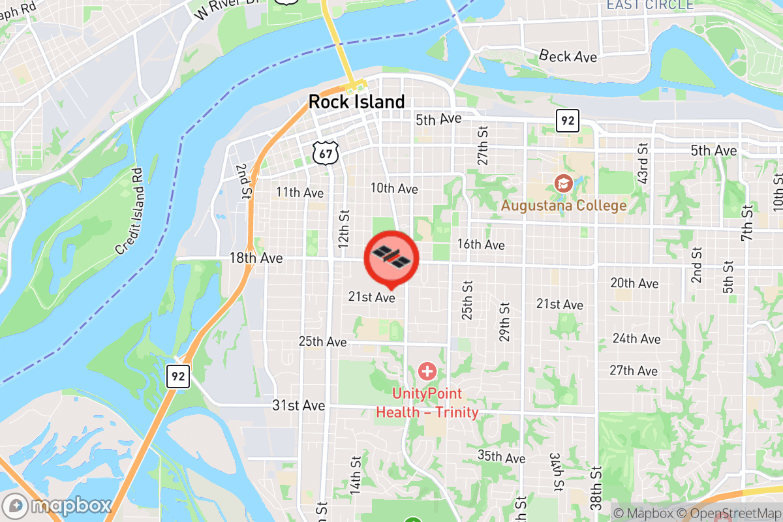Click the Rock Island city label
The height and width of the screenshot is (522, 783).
pyautogui.click(x=356, y=102)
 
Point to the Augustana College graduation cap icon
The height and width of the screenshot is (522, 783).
pyautogui.click(x=561, y=184)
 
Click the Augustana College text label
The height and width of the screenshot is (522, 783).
pyautogui.click(x=564, y=206)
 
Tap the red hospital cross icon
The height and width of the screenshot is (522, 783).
pyautogui.click(x=427, y=373)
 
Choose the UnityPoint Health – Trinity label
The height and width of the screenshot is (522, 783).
pyautogui.click(x=427, y=403)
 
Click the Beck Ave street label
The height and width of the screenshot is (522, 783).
pyautogui.click(x=568, y=57)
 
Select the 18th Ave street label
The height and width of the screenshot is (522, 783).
pyautogui.click(x=256, y=258)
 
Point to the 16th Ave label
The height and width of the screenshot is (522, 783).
pyautogui.click(x=481, y=245)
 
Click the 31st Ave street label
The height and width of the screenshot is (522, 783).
pyautogui.click(x=298, y=405)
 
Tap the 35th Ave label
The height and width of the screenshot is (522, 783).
pyautogui.click(x=501, y=456)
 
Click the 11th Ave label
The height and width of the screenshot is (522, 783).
pyautogui.click(x=300, y=192)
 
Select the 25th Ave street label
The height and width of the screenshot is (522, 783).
pyautogui.click(x=322, y=342)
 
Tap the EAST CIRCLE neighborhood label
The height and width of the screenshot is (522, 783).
pyautogui.click(x=649, y=5)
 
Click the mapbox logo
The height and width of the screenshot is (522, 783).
pyautogui.click(x=56, y=506)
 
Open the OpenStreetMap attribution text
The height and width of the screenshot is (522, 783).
pyautogui.click(x=729, y=513)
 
